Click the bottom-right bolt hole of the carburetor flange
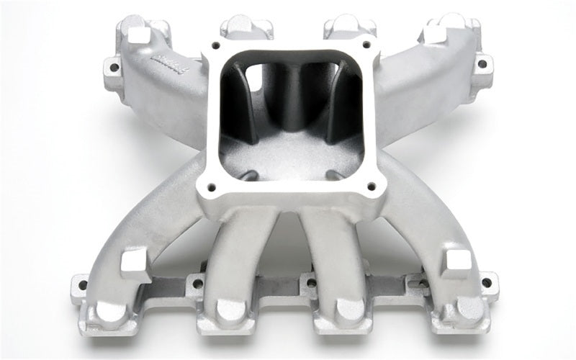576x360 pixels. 371,186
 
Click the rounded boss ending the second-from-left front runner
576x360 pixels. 228,310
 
